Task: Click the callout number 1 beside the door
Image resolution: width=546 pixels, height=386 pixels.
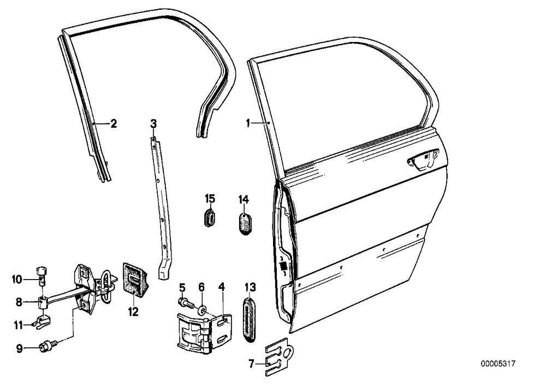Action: click(248, 123)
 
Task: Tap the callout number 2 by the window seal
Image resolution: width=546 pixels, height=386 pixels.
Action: click(114, 123)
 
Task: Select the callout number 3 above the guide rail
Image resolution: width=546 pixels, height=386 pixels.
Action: click(153, 123)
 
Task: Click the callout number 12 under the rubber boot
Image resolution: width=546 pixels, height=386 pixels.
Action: click(133, 312)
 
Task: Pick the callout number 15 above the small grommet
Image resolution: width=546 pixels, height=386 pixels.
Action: click(210, 199)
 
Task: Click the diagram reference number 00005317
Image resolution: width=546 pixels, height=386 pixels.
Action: click(498, 364)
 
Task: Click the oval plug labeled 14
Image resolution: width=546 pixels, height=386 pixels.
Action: click(246, 224)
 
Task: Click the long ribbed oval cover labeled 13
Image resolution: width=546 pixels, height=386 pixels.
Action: click(250, 319)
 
